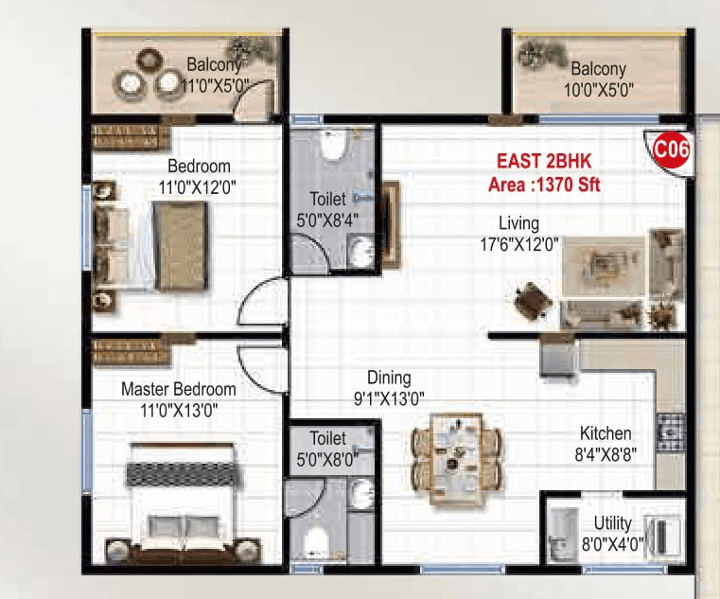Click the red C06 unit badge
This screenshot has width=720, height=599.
[671, 150]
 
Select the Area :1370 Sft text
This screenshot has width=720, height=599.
[544, 185]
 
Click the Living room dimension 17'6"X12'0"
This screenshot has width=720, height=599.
[519, 243]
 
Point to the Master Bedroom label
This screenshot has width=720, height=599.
[179, 389]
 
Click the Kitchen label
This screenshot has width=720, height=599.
[606, 433]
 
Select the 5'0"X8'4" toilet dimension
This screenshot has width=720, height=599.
[327, 220]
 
